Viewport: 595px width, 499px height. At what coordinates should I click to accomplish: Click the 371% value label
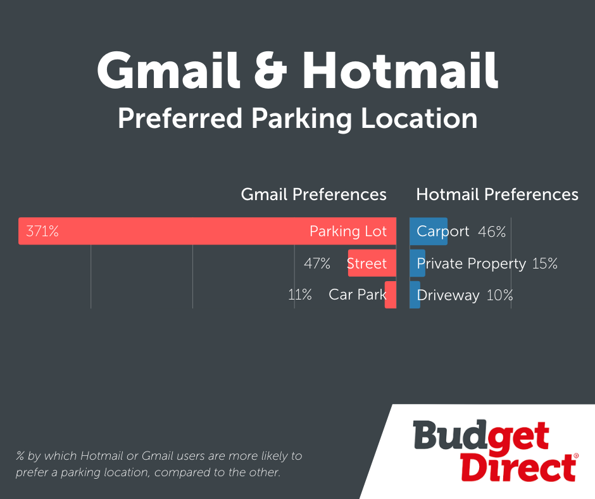tap(42, 231)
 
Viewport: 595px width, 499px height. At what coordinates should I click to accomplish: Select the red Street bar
tap(372, 263)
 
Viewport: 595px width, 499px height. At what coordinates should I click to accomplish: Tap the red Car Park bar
tap(391, 294)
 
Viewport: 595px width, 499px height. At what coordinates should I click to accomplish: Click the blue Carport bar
tap(429, 231)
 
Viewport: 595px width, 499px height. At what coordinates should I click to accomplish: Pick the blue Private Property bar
tap(417, 263)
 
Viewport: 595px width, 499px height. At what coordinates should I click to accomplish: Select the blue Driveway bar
tap(415, 294)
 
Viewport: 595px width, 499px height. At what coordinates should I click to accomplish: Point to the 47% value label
tap(317, 263)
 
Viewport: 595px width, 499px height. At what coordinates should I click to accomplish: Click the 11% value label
tap(300, 294)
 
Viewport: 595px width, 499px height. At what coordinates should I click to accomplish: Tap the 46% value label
tap(492, 231)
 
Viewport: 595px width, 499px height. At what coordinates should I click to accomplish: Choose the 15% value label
tap(545, 263)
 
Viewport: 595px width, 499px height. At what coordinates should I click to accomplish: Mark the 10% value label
tap(500, 295)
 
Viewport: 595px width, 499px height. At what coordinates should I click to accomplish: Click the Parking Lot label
tap(348, 231)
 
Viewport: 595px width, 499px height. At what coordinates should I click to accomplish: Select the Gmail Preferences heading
tap(313, 194)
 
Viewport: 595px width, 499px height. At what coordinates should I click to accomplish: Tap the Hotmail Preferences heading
tap(497, 194)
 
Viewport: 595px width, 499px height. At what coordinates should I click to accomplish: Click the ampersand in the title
tap(270, 70)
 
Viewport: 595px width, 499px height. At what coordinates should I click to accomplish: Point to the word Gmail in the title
tap(168, 70)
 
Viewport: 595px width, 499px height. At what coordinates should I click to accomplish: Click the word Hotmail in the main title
tap(400, 70)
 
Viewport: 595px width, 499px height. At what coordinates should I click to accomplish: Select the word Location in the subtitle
tap(419, 118)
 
